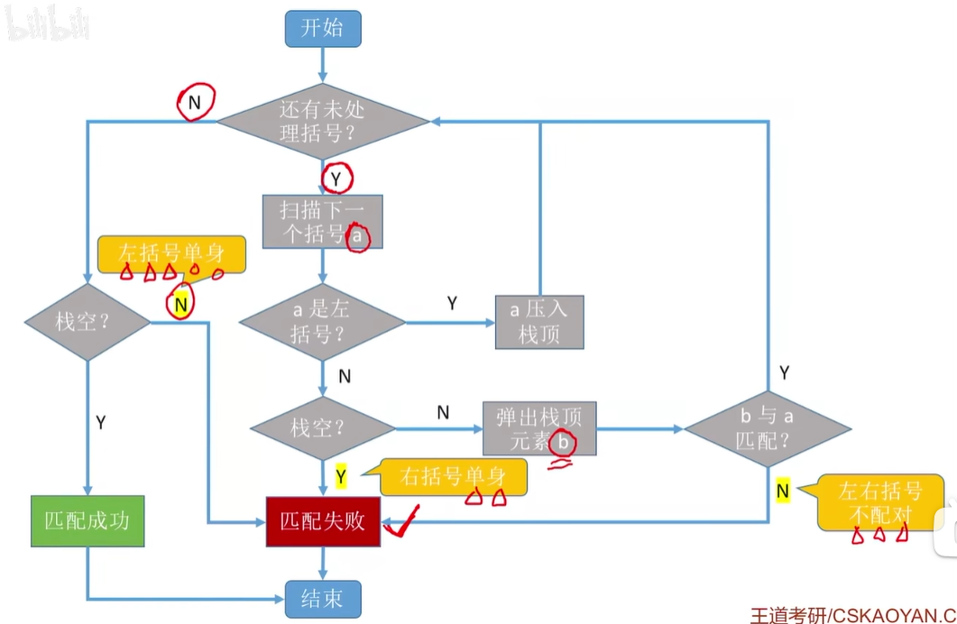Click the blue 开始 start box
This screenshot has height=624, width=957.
323,28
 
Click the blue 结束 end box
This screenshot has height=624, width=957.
323,599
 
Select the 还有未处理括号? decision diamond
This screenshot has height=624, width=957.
323,122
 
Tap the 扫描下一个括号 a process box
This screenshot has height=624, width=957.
323,222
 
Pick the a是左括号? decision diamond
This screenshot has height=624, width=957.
322,322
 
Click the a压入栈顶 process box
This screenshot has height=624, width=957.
539,322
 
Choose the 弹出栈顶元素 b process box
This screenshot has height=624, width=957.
539,429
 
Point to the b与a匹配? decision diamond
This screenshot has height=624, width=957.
767,429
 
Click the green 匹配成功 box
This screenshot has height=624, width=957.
87,521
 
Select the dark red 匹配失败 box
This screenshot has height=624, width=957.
323,521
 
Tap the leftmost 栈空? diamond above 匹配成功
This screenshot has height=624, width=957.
87,322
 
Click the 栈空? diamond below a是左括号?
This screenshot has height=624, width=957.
322,429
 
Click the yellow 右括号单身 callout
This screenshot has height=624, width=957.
453,476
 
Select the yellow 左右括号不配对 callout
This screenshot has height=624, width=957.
880,503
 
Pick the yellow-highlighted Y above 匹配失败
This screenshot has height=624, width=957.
341,476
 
